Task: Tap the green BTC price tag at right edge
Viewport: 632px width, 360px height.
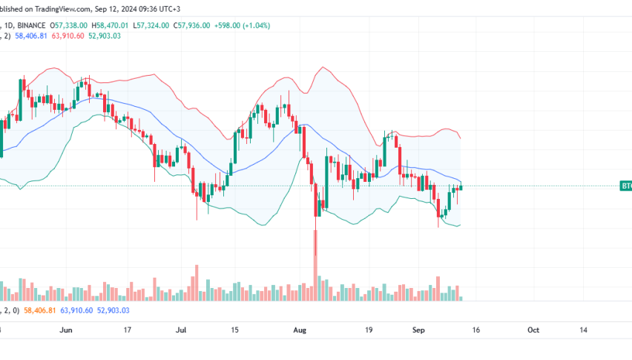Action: pos(625,186)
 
